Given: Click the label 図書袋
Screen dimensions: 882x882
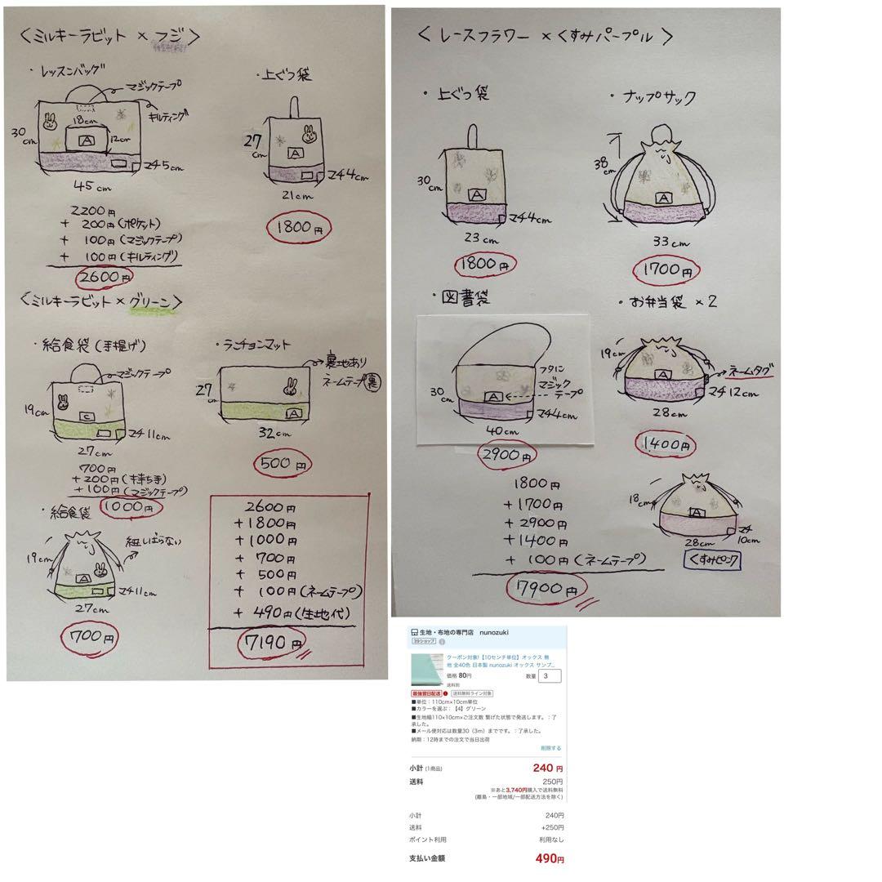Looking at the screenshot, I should [465, 299].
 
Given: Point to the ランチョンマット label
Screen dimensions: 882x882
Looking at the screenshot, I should [254, 345].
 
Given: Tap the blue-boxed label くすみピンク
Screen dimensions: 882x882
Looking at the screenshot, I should [711, 561].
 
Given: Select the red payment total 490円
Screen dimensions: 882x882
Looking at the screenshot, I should [550, 858].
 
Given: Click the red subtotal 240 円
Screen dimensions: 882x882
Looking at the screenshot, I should [547, 768].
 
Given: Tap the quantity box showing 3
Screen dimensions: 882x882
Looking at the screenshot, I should [550, 675].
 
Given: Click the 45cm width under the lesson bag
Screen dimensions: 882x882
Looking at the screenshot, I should [87, 185].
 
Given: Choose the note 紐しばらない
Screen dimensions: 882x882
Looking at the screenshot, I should [154, 541].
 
